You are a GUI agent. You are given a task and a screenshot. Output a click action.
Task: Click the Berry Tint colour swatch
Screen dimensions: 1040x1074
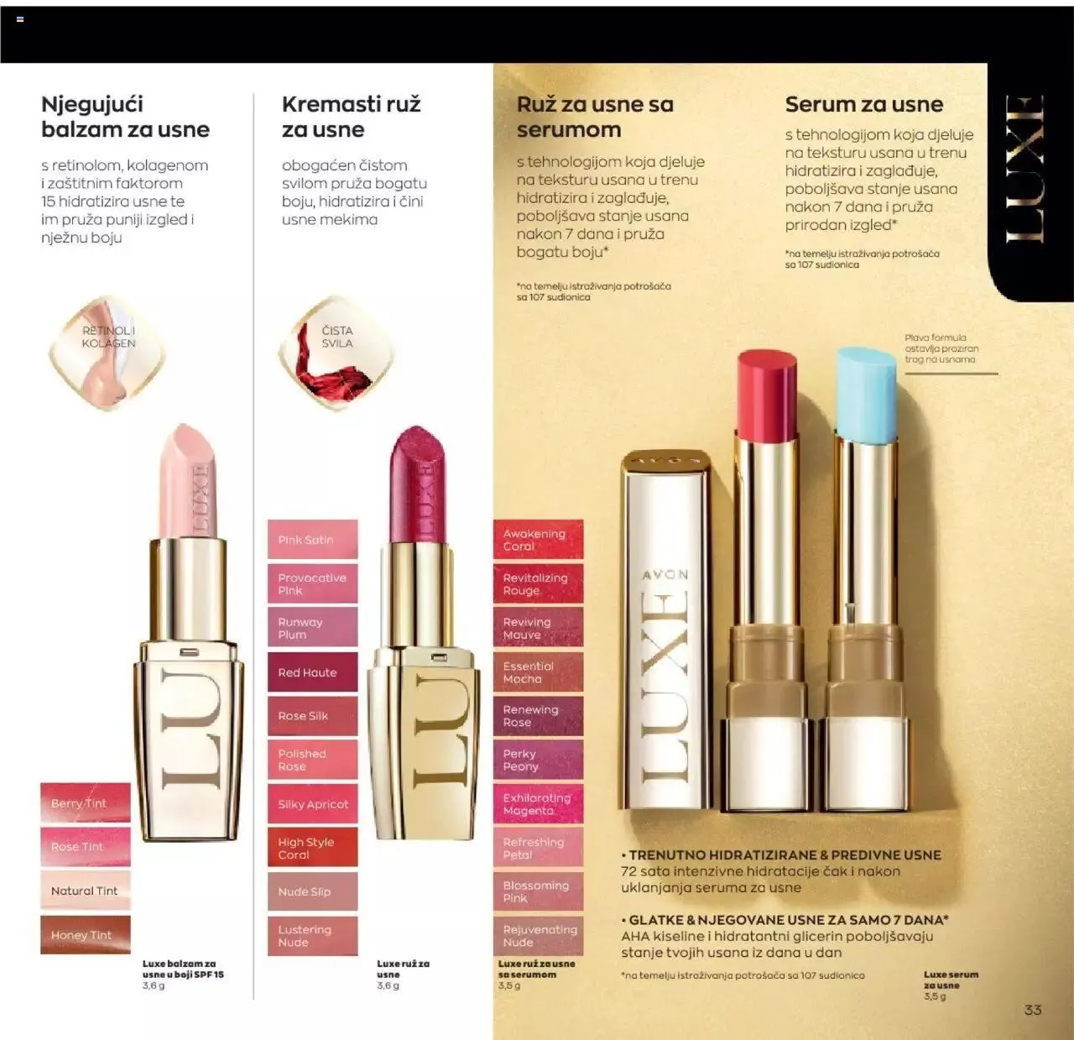click(x=85, y=802)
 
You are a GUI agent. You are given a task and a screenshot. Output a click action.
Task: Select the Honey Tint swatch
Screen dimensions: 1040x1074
click(x=85, y=934)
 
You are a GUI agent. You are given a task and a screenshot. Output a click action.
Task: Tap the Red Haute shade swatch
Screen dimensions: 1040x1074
click(x=312, y=672)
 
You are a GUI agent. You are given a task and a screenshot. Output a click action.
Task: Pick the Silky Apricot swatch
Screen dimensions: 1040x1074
click(x=312, y=804)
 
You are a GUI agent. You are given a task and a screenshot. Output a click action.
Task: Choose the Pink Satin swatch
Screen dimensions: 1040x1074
click(x=312, y=540)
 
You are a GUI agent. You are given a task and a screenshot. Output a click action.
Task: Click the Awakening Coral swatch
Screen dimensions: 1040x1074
click(x=538, y=540)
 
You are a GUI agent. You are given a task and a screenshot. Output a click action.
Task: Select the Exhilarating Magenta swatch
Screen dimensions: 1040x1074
click(x=538, y=804)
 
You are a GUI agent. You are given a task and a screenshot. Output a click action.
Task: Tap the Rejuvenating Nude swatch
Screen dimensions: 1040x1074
click(x=538, y=935)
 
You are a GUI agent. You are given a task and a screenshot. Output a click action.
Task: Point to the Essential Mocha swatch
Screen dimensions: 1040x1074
click(x=538, y=672)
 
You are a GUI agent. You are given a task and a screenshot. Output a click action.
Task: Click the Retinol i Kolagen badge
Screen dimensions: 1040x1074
click(x=108, y=352)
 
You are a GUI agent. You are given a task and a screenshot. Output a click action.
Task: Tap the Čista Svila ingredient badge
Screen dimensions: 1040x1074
click(x=336, y=352)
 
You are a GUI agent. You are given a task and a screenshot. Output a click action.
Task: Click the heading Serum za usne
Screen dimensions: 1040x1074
click(x=863, y=105)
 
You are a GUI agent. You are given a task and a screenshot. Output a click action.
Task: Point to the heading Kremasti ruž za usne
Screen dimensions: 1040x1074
click(x=351, y=117)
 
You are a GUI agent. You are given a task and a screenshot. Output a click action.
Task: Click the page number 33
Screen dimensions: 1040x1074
click(x=1033, y=1010)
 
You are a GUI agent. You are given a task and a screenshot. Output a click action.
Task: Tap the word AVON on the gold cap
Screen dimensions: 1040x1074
click(x=665, y=575)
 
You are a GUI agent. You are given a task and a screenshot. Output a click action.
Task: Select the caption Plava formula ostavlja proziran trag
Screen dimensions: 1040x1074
click(x=941, y=348)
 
